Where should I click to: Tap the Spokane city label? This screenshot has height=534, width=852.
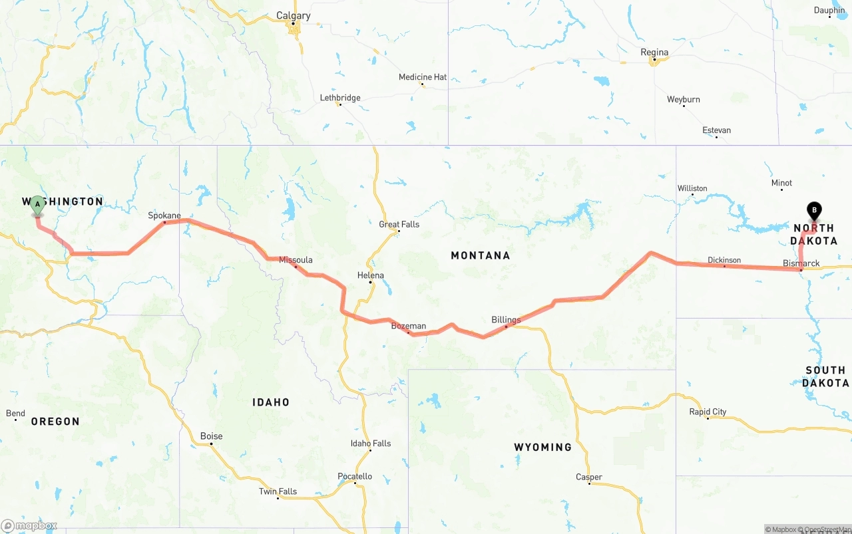164,215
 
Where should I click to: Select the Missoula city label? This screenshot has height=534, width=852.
296,260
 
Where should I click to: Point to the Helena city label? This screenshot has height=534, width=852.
370,275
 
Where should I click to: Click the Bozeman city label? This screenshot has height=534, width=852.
408,326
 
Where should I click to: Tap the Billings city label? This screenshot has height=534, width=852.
506,320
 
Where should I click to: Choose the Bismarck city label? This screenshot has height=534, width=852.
801,263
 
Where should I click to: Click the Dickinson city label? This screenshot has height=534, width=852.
724,260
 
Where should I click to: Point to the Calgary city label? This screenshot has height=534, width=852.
293,16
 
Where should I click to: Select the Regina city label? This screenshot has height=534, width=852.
654,53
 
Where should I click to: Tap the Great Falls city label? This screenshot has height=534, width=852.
399,224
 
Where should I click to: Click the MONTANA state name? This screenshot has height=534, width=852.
480,255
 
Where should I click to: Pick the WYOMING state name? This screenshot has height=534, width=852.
542,447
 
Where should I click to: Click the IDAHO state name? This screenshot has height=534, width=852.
271,402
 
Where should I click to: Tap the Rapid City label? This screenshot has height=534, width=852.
708,412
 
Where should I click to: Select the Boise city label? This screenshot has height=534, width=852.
212,436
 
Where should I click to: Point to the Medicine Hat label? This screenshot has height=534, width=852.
423,77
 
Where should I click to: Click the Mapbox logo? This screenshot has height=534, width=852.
29,525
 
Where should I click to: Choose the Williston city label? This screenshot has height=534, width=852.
692,188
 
